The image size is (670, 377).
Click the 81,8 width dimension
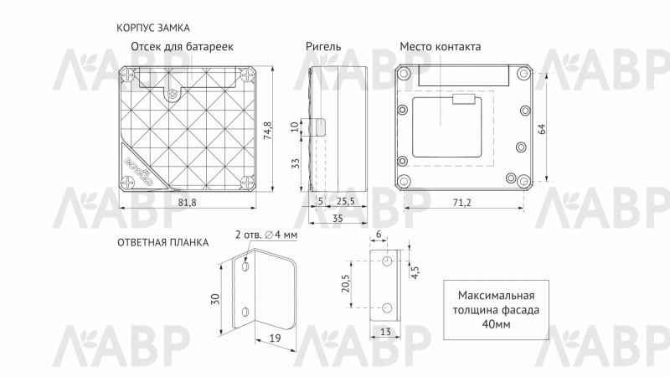(187, 202)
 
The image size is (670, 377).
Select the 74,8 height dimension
(268, 131)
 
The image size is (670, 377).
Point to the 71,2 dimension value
(462, 203)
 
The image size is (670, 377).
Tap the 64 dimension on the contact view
(542, 129)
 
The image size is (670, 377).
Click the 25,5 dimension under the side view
(346, 201)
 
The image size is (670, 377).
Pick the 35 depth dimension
(338, 218)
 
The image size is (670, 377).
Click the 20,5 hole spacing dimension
(345, 283)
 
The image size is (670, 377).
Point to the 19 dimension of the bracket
(276, 338)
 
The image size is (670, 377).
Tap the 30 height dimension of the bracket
(215, 298)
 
